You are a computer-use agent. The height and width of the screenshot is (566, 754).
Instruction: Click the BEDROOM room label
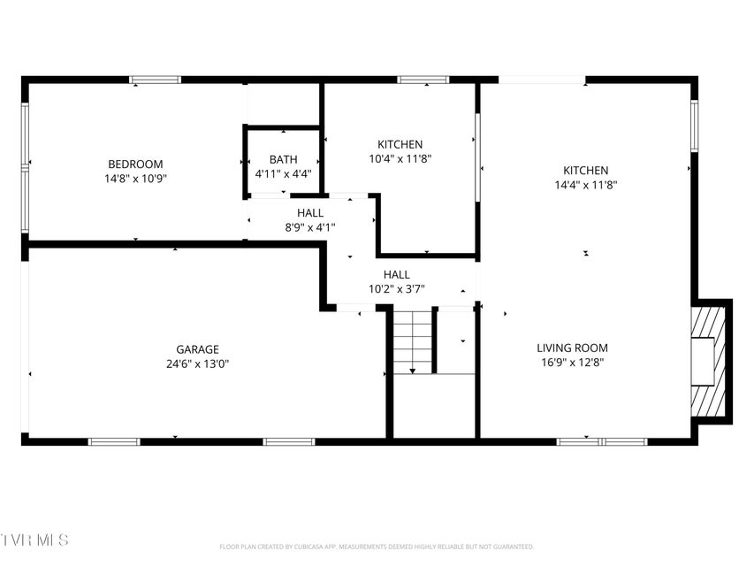click(135, 164)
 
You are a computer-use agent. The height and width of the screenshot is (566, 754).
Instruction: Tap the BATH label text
click(283, 159)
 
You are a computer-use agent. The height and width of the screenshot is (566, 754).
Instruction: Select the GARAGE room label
click(198, 349)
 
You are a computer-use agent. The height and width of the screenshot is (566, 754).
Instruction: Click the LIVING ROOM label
click(572, 348)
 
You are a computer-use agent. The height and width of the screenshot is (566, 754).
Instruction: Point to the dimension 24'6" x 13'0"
click(198, 363)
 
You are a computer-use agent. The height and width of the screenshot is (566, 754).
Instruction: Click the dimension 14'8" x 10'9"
click(135, 179)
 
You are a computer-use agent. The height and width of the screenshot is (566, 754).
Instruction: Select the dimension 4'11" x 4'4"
click(283, 173)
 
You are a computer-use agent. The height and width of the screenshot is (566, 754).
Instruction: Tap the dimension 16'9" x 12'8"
click(572, 363)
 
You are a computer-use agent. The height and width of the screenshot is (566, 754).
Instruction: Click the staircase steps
click(413, 341)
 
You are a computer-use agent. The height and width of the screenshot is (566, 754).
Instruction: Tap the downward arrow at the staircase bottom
click(413, 371)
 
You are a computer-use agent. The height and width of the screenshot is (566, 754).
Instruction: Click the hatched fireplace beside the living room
click(708, 362)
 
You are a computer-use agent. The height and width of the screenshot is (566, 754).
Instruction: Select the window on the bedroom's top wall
click(155, 80)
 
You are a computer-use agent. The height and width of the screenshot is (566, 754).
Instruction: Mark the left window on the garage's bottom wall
click(114, 442)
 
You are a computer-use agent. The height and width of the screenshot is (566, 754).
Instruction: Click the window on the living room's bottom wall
click(602, 442)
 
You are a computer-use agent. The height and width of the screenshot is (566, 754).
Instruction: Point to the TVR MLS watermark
click(34, 540)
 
